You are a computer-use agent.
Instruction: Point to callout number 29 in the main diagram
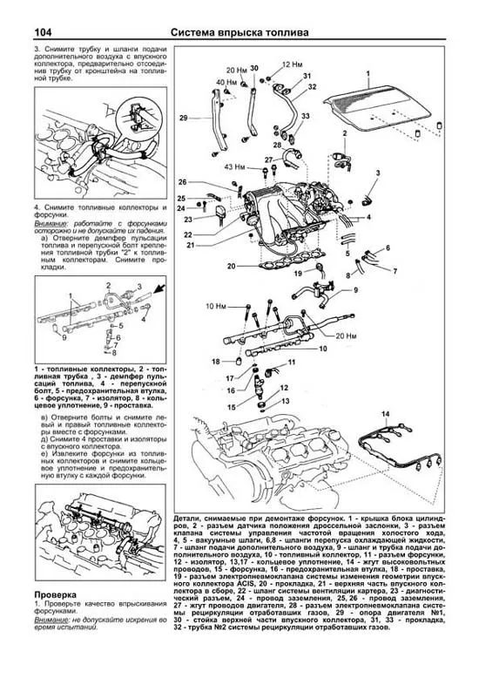(183, 118)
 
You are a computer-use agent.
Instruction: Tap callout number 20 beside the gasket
(232, 266)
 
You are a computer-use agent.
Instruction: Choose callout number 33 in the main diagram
(311, 116)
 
